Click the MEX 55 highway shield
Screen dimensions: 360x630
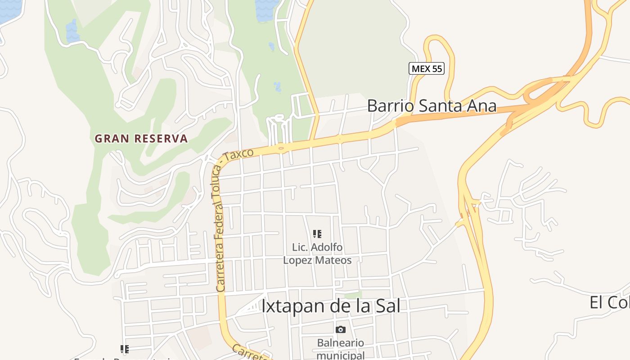[x=427, y=68]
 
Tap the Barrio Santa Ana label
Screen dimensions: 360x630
[x=432, y=106]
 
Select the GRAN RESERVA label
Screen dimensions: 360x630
[x=141, y=139]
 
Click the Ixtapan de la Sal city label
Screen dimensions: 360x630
[x=331, y=306]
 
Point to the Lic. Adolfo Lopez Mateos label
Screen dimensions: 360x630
[x=317, y=253]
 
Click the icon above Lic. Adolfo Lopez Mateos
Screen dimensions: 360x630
[x=317, y=234]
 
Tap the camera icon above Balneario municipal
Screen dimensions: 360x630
[x=341, y=329]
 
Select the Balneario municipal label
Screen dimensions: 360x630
[x=340, y=349]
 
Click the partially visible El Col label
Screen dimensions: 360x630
[x=609, y=303]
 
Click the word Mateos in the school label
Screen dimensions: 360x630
[x=334, y=260]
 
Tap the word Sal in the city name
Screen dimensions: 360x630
[x=387, y=306]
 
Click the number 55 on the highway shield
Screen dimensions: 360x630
[x=436, y=68]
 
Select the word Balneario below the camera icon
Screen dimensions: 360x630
[x=340, y=343]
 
